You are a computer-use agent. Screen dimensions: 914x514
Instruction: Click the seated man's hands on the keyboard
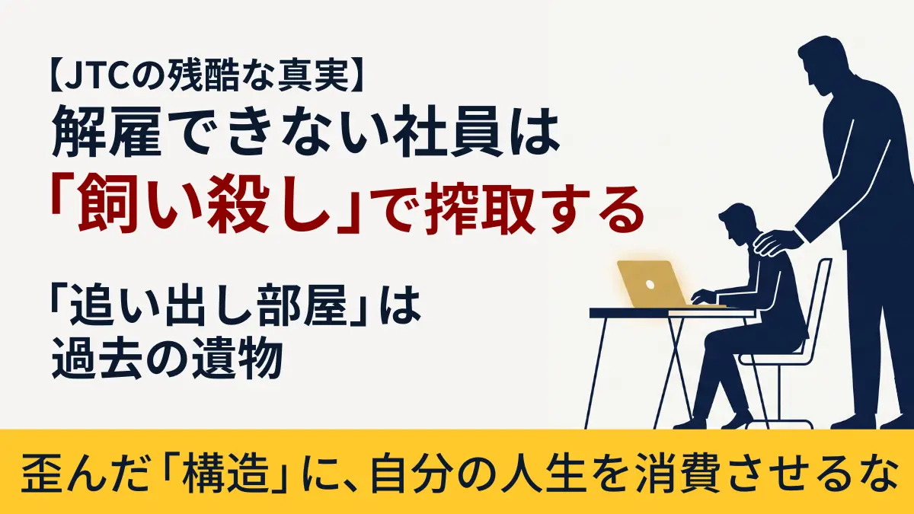[x=702, y=297]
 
